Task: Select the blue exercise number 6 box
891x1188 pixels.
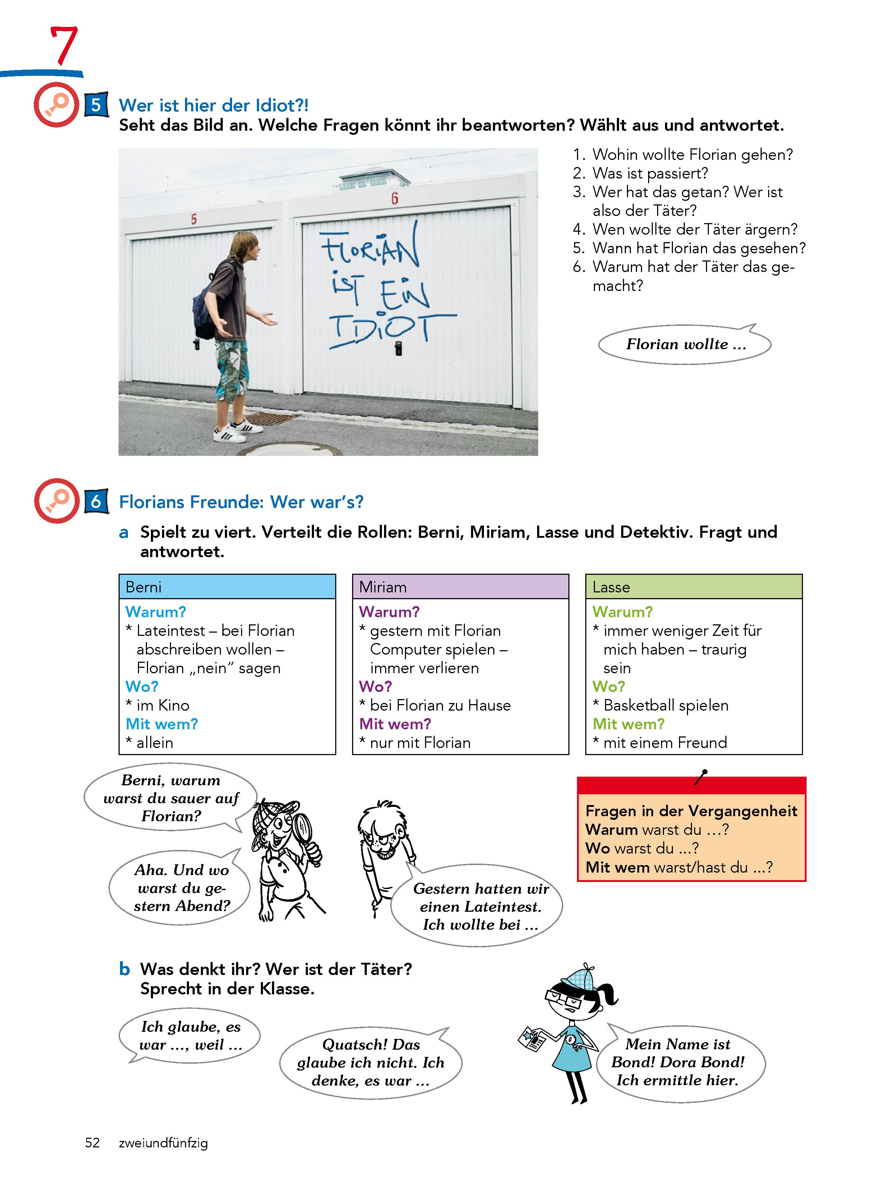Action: (96, 501)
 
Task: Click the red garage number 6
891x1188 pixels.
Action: (395, 199)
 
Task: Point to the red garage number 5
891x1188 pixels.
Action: (194, 219)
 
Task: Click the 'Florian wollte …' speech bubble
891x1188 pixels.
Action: (685, 344)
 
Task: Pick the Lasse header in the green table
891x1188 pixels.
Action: (611, 587)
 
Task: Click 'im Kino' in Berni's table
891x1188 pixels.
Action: (163, 705)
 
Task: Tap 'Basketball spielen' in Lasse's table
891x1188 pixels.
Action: (666, 705)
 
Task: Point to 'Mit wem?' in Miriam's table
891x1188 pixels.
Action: (395, 724)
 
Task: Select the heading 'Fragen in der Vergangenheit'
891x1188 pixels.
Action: (691, 811)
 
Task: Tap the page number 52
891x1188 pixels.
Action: (92, 1142)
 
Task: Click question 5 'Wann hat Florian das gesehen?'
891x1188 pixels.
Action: (698, 248)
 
